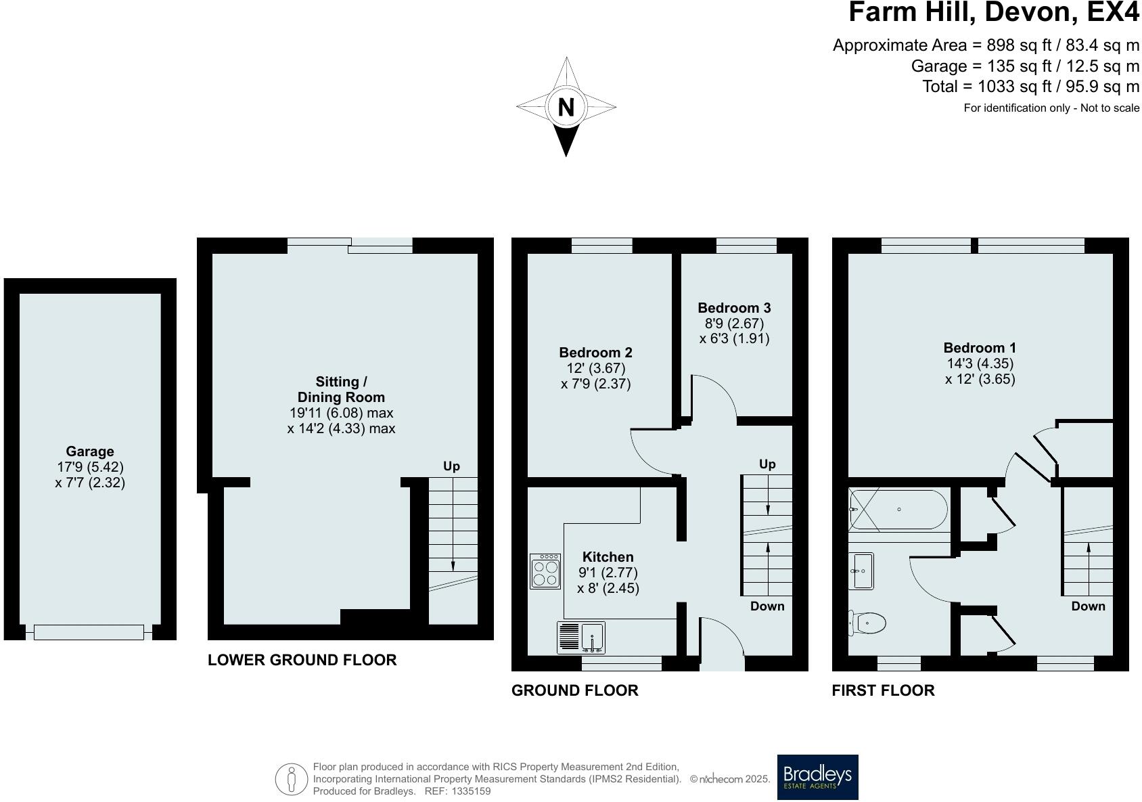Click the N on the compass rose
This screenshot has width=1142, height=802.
point(566,107)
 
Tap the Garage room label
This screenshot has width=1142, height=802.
point(90,451)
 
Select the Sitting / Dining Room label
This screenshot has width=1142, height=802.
point(341,390)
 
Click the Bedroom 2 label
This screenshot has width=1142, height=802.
point(595,353)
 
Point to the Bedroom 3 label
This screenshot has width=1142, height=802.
point(734,308)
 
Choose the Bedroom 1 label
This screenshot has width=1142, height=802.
point(980,348)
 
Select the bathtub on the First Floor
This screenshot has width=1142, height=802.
point(898,510)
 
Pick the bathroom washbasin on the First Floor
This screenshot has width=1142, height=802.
point(861,571)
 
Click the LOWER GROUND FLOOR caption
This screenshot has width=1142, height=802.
point(302,660)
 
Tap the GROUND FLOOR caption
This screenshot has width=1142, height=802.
point(574,690)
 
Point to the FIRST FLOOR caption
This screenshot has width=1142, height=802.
point(883,690)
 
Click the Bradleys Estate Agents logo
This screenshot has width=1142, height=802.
point(817,777)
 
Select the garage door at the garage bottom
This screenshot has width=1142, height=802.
point(89,633)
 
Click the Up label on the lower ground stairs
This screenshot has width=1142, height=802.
point(451,466)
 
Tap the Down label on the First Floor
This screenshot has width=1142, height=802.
point(1088,606)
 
